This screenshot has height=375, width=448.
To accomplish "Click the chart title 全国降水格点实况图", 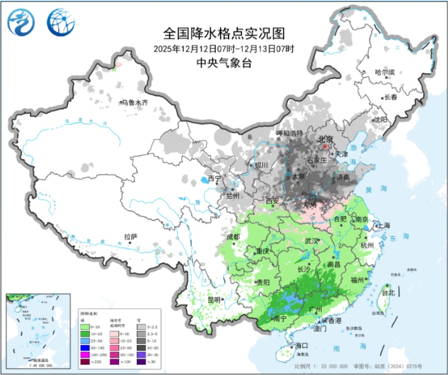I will [x=223, y=33].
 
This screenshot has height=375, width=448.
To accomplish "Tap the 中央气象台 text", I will [x=223, y=63].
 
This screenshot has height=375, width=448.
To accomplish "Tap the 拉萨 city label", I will [x=131, y=236].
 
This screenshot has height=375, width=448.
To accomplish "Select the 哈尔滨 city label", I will [x=385, y=72].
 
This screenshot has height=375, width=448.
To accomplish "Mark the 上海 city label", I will [x=383, y=225].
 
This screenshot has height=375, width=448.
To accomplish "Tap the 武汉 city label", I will [x=311, y=241].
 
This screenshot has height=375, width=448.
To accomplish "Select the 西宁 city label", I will [x=215, y=179].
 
